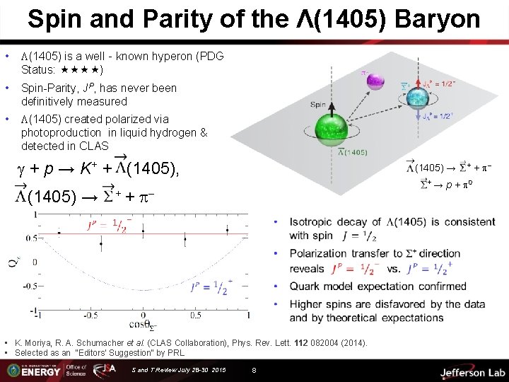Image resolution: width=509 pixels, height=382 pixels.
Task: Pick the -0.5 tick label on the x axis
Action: [x=90, y=315]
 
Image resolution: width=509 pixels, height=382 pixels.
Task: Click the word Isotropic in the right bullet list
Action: [x=317, y=223]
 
